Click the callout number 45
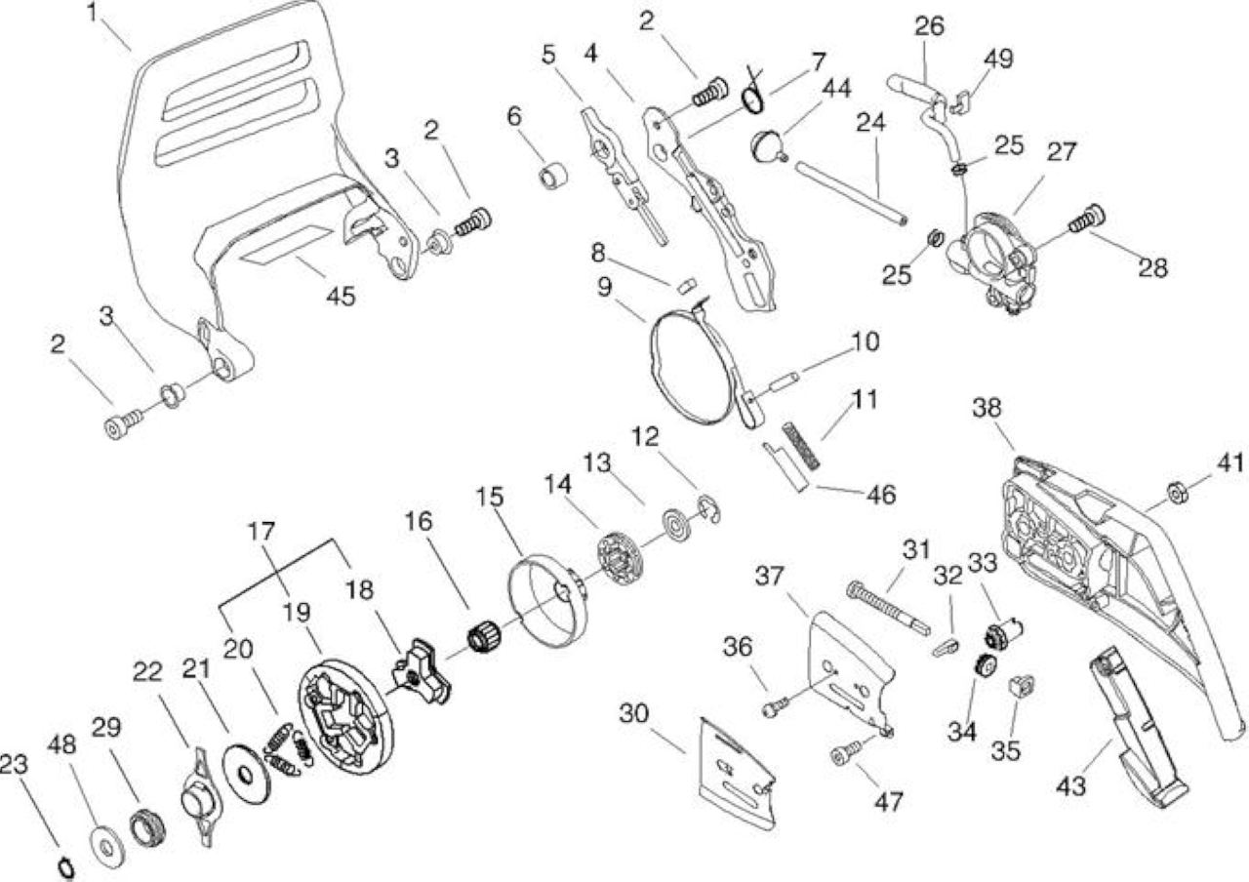pyautogui.click(x=342, y=296)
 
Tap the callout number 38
pyautogui.click(x=987, y=408)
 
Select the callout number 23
pyautogui.click(x=14, y=764)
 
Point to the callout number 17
pyautogui.click(x=262, y=532)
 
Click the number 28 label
pyautogui.click(x=1152, y=268)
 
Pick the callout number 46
pyautogui.click(x=881, y=495)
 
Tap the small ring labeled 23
pyautogui.click(x=67, y=867)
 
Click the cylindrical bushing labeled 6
pyautogui.click(x=553, y=176)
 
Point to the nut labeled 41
pyautogui.click(x=1177, y=493)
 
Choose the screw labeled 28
pyautogui.click(x=1086, y=220)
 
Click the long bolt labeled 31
pyautogui.click(x=888, y=608)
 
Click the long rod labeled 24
pyautogui.click(x=850, y=193)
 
